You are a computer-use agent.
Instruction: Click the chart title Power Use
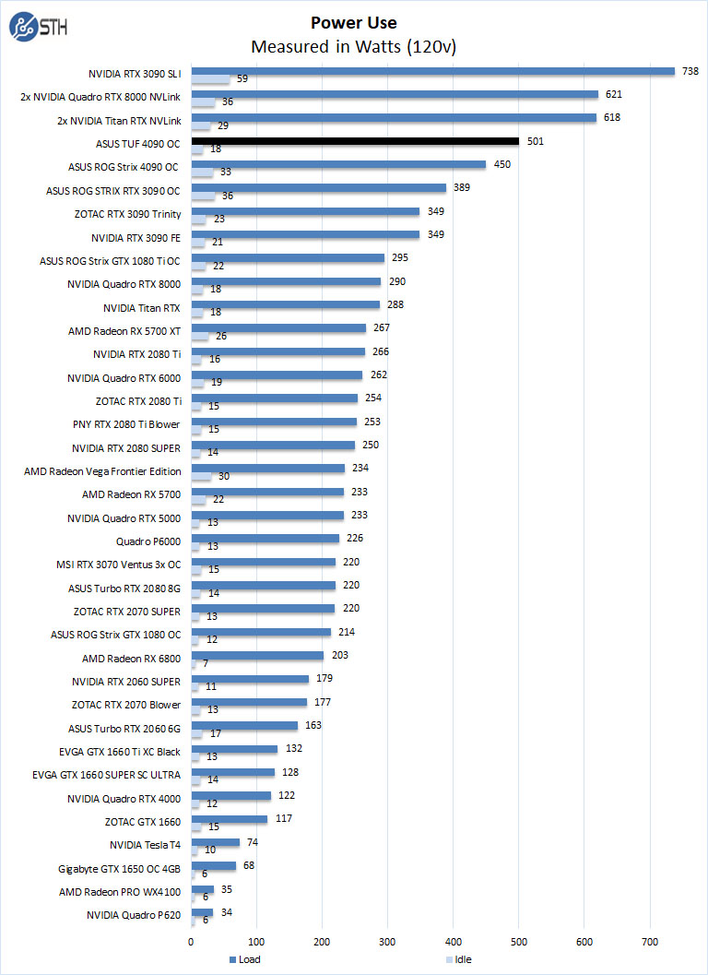354,22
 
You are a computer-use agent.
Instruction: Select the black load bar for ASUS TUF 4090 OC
355,141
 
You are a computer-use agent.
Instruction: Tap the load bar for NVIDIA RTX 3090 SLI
433,71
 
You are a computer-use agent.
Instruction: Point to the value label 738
690,71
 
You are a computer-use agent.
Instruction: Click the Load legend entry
244,959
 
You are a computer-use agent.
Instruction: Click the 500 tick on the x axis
519,941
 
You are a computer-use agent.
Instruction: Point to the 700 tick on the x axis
650,941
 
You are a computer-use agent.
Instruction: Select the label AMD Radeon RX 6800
132,658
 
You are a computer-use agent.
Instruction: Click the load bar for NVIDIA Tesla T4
216,842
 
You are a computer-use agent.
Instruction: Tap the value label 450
501,165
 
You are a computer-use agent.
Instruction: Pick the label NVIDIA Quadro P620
134,915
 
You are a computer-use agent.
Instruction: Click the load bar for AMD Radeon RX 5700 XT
278,327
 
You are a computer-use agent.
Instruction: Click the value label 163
313,725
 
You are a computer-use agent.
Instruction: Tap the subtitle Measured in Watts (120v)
354,46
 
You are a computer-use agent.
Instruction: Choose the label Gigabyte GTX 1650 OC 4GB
118,868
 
